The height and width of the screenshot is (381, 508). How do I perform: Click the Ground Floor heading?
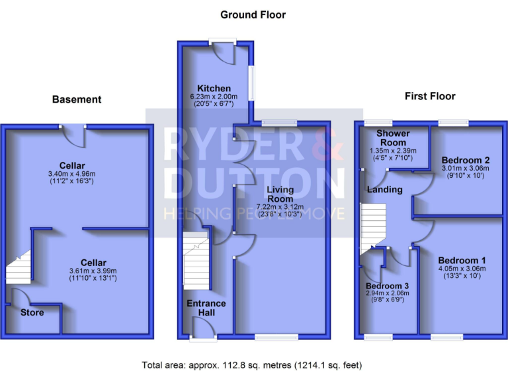253,15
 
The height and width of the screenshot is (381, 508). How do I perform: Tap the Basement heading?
77,99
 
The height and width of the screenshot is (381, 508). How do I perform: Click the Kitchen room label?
213,89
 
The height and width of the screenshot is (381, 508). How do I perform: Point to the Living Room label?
280,194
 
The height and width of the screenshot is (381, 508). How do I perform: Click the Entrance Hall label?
207,308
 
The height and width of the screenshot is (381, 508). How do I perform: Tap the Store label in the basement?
32,312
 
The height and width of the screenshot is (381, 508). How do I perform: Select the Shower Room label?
393,138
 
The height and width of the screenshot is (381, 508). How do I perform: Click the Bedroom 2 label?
466,161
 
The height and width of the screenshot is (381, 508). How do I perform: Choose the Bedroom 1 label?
461,259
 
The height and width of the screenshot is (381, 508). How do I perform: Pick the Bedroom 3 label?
388,286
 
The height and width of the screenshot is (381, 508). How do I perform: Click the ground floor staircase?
196,265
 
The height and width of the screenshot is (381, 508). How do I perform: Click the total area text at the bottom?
252,364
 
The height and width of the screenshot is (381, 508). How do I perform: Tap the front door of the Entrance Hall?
199,328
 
